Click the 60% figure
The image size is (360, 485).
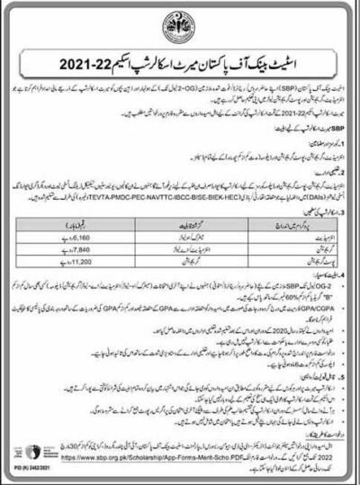click(216, 298)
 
